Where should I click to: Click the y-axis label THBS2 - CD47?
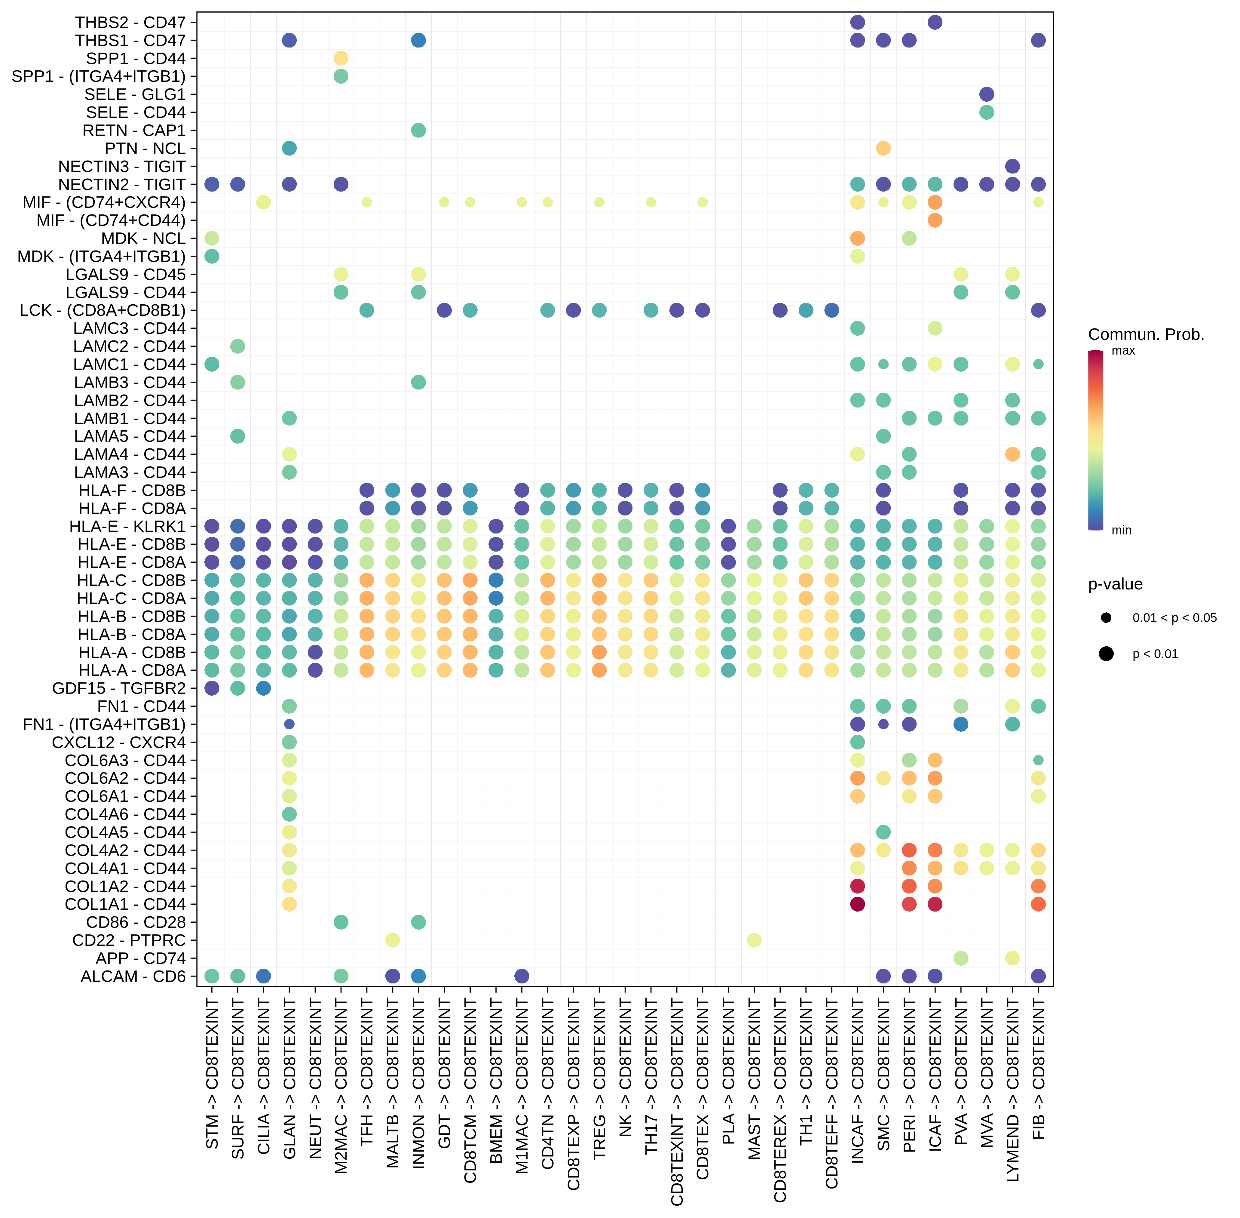(x=130, y=22)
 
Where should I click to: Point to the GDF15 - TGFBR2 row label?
(x=119, y=688)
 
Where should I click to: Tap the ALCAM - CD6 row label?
(x=133, y=976)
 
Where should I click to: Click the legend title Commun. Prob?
(x=1146, y=334)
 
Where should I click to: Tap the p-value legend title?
(x=1115, y=584)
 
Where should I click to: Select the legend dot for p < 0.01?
(x=1106, y=654)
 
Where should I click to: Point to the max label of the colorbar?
(x=1123, y=351)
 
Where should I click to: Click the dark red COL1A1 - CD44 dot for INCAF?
(x=858, y=904)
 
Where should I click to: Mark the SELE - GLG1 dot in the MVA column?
(x=987, y=94)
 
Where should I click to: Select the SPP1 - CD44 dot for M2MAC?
(x=341, y=58)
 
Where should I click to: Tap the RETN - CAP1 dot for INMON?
(x=418, y=131)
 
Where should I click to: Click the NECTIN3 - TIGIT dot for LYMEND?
(x=1012, y=166)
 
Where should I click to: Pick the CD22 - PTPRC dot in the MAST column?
(x=754, y=940)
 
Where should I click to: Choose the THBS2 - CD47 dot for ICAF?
(x=935, y=22)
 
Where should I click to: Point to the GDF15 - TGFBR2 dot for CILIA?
(x=263, y=688)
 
